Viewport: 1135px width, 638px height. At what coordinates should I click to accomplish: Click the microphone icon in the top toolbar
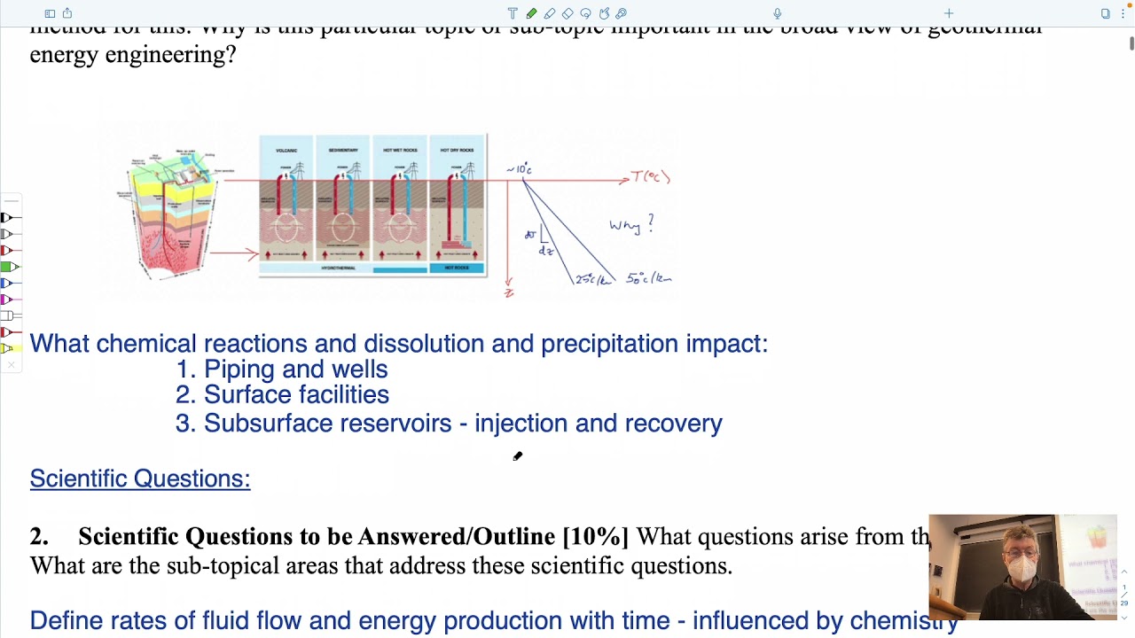tap(778, 13)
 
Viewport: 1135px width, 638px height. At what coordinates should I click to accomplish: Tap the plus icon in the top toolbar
tap(949, 13)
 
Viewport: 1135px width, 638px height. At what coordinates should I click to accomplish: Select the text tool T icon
tap(513, 13)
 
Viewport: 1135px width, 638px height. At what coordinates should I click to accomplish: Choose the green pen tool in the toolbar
tap(531, 13)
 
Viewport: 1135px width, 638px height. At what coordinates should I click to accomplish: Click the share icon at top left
tap(67, 13)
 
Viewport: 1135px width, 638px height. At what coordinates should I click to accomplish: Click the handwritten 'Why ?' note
tap(630, 225)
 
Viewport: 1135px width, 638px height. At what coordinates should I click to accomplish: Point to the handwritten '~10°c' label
tap(519, 168)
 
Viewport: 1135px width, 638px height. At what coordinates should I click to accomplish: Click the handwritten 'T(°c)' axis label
tap(651, 177)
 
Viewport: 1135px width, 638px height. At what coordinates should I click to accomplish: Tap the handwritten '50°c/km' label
tap(648, 278)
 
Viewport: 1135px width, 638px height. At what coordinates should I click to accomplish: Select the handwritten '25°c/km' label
tap(593, 279)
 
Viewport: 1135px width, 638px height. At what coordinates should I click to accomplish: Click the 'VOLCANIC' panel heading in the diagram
tap(286, 150)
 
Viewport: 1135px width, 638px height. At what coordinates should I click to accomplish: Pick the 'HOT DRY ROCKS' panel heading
tap(457, 150)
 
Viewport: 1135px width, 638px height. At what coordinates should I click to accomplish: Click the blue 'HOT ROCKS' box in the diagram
tap(457, 268)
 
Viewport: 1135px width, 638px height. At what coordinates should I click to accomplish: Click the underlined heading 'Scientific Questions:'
tap(140, 478)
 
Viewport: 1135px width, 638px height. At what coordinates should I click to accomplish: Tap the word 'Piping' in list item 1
tap(239, 370)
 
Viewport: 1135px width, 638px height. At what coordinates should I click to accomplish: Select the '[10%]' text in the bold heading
tap(595, 537)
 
